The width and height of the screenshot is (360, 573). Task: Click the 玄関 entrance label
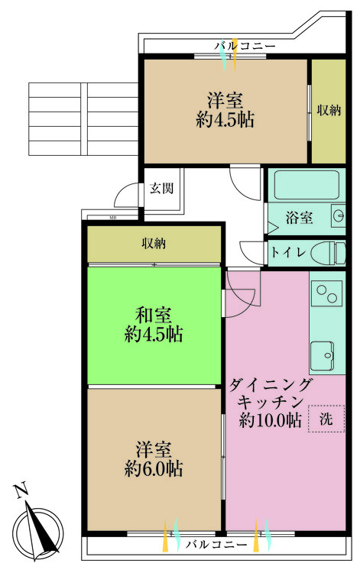(159, 187)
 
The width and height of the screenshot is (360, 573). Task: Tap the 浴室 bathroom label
(299, 218)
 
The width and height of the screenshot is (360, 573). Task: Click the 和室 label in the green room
(154, 314)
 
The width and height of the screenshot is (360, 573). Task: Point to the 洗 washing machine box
(326, 419)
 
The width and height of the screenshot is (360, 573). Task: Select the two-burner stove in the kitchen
(327, 295)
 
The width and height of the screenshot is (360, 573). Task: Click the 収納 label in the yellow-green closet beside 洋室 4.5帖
(328, 109)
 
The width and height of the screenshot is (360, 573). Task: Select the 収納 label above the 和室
(154, 244)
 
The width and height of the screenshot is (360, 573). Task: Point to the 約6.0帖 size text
(154, 467)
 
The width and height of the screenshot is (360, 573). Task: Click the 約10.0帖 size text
(270, 419)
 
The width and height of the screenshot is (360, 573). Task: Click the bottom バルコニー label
(216, 545)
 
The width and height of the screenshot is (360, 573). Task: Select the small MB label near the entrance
(112, 219)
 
